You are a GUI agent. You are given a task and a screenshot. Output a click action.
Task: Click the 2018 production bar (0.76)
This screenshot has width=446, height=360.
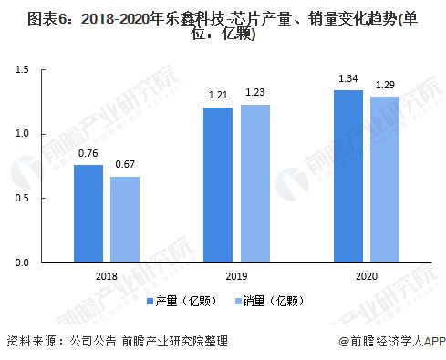click(88, 214)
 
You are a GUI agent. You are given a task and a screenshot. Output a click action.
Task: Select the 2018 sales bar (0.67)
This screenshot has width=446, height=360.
click(125, 220)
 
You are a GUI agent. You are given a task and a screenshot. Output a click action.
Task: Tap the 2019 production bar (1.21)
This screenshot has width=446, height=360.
click(218, 185)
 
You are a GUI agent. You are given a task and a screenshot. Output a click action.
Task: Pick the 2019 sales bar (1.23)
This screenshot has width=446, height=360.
click(254, 184)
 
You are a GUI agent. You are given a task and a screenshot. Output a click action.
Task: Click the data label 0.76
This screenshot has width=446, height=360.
click(88, 154)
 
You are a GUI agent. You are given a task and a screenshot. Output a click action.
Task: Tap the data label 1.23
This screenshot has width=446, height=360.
click(254, 94)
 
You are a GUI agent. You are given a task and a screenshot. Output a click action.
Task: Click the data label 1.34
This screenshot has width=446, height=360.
click(347, 79)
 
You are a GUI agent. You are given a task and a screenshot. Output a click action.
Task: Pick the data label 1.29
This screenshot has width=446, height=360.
click(384, 86)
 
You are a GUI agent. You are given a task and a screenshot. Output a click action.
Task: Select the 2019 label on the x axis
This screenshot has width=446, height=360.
click(236, 274)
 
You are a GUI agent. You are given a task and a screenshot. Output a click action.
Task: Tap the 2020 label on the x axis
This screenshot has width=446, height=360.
click(366, 274)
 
